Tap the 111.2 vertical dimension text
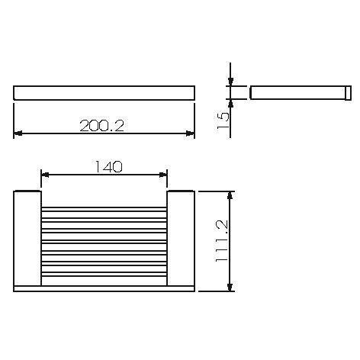(222, 241)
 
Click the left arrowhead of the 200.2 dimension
(19, 134)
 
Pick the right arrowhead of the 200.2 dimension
(190, 134)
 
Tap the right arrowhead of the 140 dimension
(162, 175)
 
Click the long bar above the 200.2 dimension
(104, 93)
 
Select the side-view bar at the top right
(297, 93)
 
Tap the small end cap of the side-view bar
(347, 93)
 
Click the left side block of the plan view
(27, 237)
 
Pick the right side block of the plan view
(181, 237)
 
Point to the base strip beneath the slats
(104, 288)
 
